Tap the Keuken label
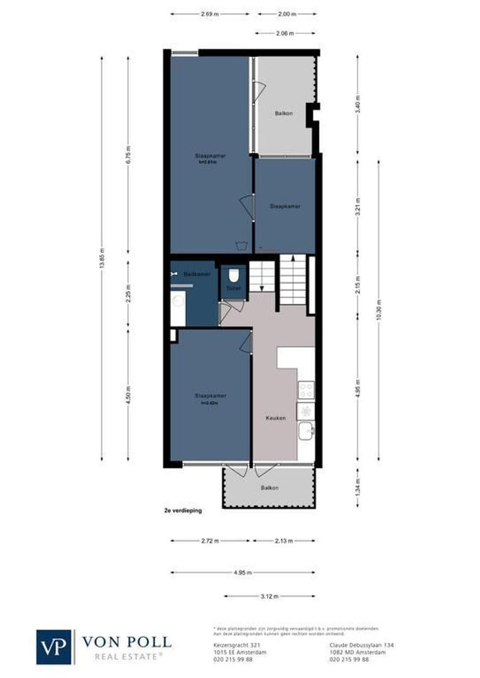(276, 418)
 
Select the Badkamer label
(192, 274)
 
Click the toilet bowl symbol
(234, 276)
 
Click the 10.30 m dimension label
(378, 309)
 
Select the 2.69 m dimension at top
(209, 13)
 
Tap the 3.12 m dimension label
(270, 596)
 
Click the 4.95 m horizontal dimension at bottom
(243, 573)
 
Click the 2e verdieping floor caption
(182, 511)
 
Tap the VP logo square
(55, 647)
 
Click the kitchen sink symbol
(305, 431)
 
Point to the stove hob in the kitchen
(305, 390)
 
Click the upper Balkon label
(283, 114)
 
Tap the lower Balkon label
(270, 488)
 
